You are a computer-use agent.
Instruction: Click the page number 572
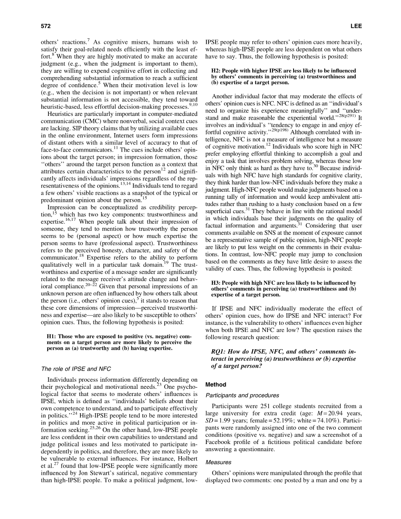(45, 26)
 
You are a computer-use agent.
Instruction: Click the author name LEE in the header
(356, 26)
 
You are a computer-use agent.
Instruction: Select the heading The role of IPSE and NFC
(76, 369)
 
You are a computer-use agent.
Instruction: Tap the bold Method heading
(216, 385)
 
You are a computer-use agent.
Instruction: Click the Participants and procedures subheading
(242, 396)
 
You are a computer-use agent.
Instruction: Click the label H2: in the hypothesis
(217, 71)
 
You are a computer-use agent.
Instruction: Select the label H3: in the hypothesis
(217, 283)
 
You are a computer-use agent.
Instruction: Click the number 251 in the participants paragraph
(264, 406)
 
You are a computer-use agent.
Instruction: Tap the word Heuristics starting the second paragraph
(61, 114)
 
